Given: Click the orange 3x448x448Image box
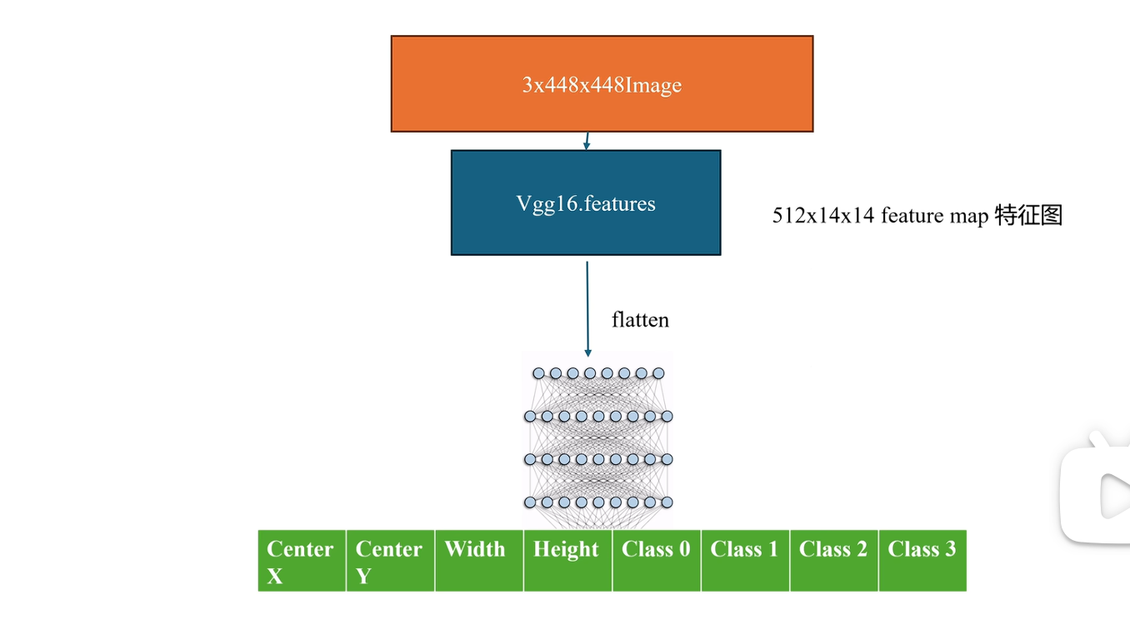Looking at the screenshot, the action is tap(602, 83).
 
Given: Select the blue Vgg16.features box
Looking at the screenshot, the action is tap(586, 202).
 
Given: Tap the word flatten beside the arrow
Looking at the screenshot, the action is tap(640, 320).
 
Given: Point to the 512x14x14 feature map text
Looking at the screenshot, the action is tap(880, 216).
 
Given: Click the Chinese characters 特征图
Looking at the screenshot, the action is tap(1028, 215).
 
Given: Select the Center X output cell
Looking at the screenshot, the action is tap(302, 561).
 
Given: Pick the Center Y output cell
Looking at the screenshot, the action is tap(391, 561).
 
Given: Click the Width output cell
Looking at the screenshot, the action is tap(479, 561).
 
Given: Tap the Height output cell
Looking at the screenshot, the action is tap(568, 561).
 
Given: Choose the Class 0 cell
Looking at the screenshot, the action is tap(657, 561).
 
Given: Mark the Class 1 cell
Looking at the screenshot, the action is tap(746, 561).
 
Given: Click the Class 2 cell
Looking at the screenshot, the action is tap(834, 561).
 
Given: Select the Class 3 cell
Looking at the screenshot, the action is tap(923, 561).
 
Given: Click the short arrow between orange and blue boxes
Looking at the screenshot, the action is tap(587, 141).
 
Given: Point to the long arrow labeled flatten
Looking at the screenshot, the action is tap(587, 309).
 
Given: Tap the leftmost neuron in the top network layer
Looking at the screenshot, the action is tap(539, 373).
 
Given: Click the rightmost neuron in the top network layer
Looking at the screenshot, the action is tap(658, 373).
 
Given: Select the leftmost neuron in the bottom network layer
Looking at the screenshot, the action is tap(530, 502).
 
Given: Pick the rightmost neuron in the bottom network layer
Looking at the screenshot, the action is tap(667, 502).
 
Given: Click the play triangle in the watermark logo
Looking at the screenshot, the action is tap(1115, 496).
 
